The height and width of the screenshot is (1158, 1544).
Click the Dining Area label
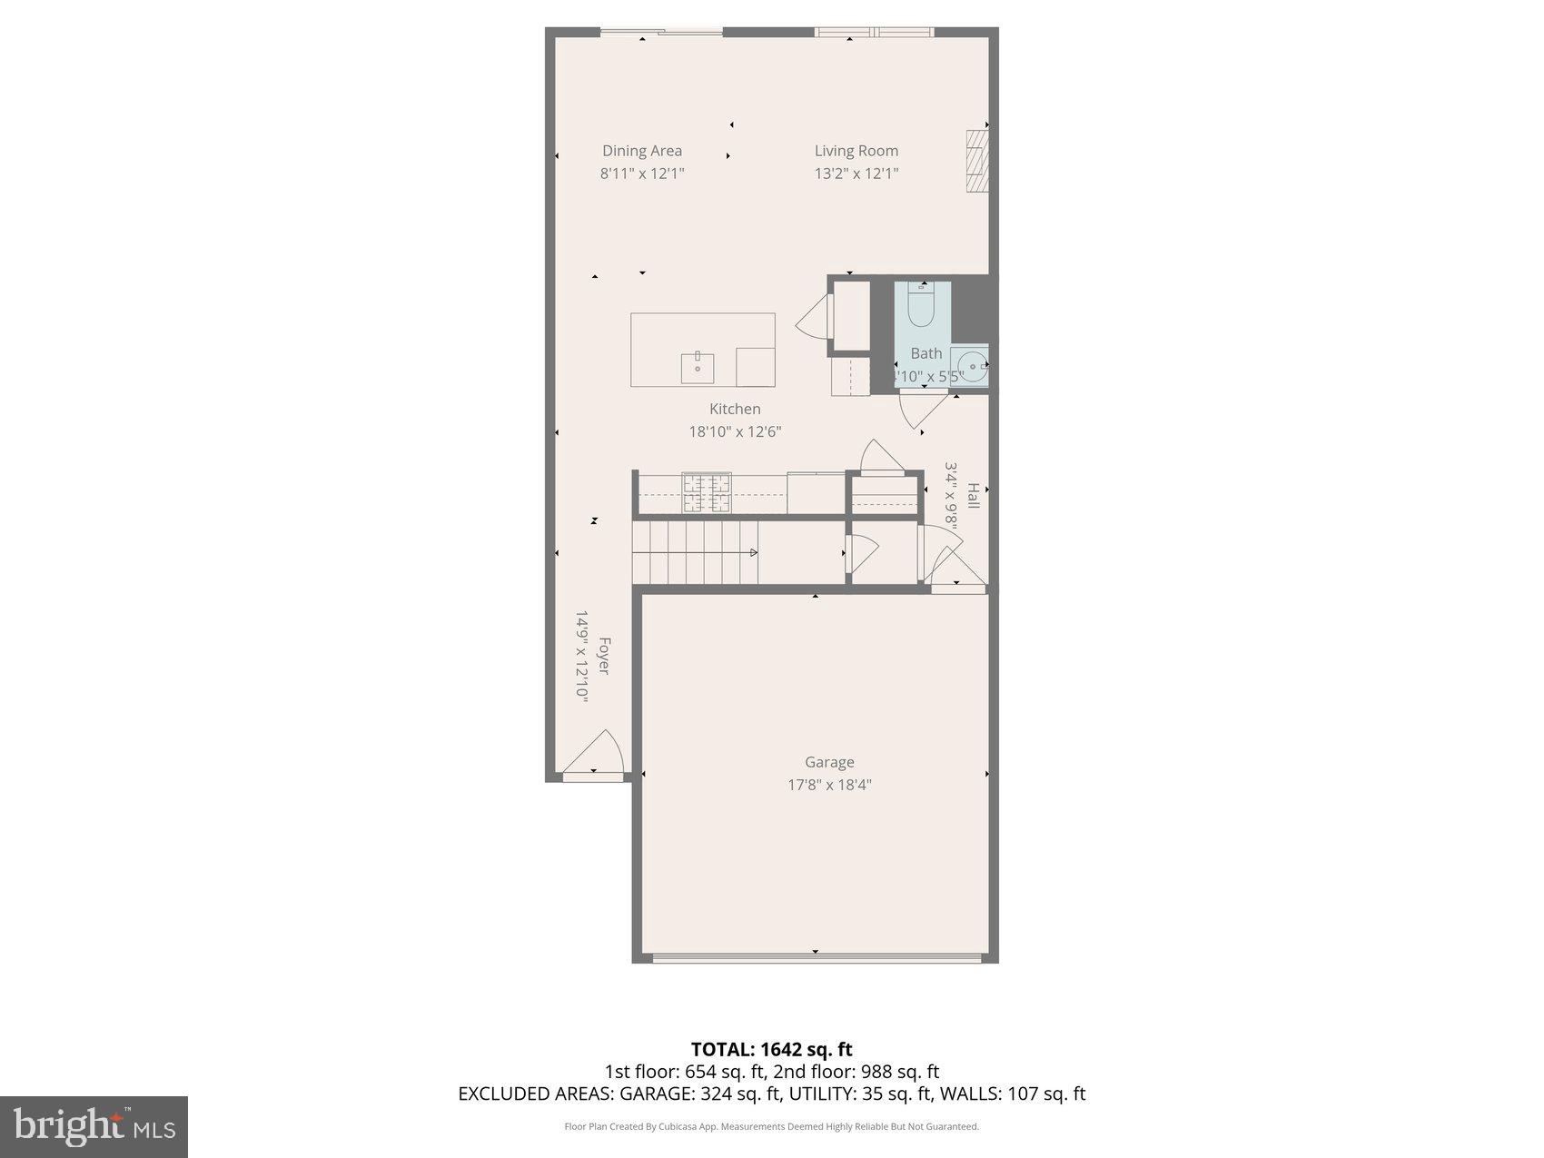pyautogui.click(x=641, y=151)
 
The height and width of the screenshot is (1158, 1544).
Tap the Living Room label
pyautogui.click(x=856, y=151)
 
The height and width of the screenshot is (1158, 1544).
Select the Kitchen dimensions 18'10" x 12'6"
pyautogui.click(x=735, y=431)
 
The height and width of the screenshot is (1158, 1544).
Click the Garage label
pyautogui.click(x=829, y=762)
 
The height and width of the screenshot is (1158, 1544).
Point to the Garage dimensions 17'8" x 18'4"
pyautogui.click(x=829, y=785)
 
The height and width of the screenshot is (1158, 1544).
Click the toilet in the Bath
pyautogui.click(x=921, y=305)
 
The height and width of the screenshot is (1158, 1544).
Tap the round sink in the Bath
pyautogui.click(x=972, y=367)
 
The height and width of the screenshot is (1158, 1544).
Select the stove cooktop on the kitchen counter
pyautogui.click(x=707, y=493)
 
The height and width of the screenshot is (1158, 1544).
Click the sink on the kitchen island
pyautogui.click(x=698, y=368)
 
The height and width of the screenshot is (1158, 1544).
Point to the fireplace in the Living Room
pyautogui.click(x=976, y=160)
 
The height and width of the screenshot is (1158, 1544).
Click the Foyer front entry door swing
pyautogui.click(x=596, y=754)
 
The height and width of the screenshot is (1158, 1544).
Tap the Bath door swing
pyautogui.click(x=919, y=412)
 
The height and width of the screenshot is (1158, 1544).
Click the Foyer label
pyautogui.click(x=603, y=656)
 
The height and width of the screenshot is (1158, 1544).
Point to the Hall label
pyautogui.click(x=973, y=496)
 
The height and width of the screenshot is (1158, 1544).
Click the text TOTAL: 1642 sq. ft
pyautogui.click(x=771, y=1050)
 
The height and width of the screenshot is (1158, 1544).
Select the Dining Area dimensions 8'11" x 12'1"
pyautogui.click(x=641, y=173)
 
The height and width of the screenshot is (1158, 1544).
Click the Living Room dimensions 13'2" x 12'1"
pyautogui.click(x=856, y=173)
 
